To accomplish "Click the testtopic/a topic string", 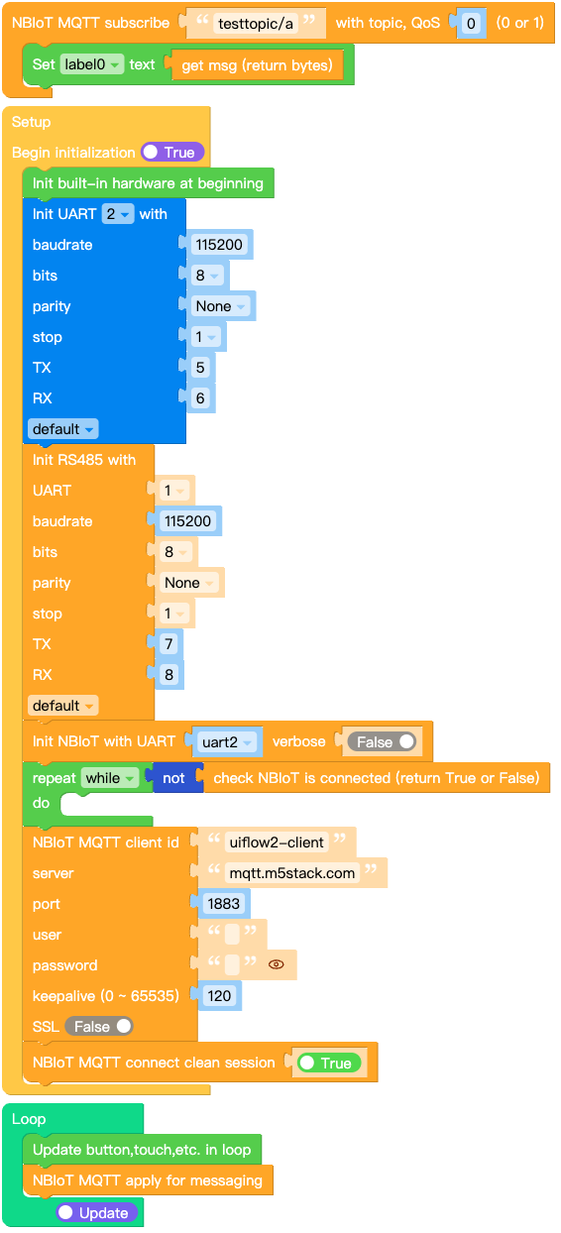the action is (x=256, y=23).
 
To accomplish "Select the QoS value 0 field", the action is (x=471, y=23).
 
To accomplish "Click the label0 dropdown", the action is (x=91, y=64).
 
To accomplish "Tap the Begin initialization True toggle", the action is (x=172, y=152).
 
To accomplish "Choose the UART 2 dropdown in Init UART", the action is (x=117, y=213).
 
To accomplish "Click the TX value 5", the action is (x=200, y=367).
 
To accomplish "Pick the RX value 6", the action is (x=200, y=398).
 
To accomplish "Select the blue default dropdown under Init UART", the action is (x=62, y=429).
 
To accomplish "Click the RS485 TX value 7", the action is (x=169, y=643).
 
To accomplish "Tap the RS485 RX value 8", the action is (x=169, y=674).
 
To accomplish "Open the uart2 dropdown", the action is (x=227, y=742).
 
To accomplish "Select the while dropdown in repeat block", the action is (x=110, y=778).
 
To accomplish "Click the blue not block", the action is (x=174, y=778).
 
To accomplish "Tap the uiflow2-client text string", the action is (x=277, y=842).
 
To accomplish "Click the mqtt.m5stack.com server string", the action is (x=291, y=873).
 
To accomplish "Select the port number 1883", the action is (x=224, y=903).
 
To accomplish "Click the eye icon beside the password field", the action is (x=276, y=964).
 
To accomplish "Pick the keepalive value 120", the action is (x=219, y=995).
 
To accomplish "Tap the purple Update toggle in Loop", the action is (x=96, y=1212).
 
